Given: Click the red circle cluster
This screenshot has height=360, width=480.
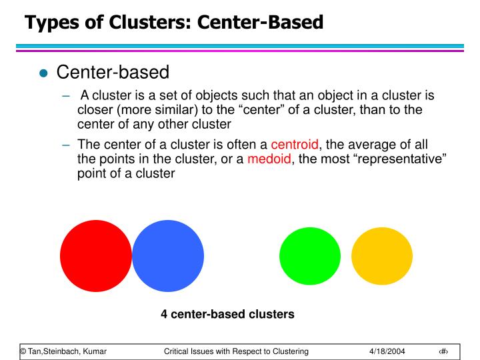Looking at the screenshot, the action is [96, 256].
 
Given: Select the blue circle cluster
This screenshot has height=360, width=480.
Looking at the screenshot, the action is [168, 256].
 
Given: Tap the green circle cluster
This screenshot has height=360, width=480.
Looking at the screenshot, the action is [310, 256].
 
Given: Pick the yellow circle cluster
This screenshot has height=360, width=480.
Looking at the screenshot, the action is [382, 256].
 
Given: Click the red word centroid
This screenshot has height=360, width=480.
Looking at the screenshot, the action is [295, 144].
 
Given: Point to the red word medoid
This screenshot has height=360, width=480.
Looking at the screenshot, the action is [269, 159].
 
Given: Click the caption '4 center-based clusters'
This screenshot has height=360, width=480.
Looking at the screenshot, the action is [227, 314].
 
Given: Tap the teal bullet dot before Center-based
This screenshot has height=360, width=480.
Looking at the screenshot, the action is [43, 73].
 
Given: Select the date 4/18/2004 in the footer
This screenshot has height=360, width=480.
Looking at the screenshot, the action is [387, 351].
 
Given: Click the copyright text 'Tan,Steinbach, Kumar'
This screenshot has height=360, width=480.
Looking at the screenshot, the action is [67, 351].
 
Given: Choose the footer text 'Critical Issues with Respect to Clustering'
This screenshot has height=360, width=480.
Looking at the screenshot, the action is [236, 351].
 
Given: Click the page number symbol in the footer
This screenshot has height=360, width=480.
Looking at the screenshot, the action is [443, 351].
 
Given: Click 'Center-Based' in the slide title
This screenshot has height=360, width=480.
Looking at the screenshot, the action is [260, 22].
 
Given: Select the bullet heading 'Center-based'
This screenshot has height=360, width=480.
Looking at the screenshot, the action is [113, 72].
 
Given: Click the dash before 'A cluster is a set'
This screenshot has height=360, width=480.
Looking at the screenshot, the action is [66, 96].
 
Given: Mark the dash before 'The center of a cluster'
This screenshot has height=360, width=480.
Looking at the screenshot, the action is [66, 145].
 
